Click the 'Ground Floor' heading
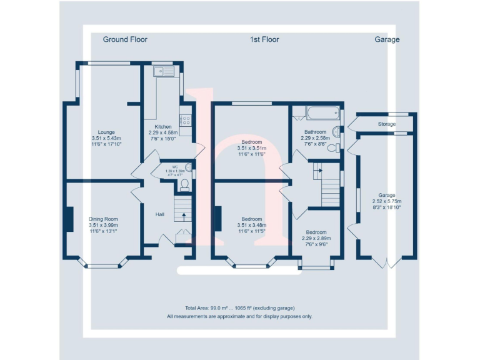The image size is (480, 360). coord(125,39)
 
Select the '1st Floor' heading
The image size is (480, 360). coord(264,39)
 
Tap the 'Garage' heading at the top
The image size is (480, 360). coord(387,39)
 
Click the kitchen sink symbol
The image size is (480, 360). coord(165,71)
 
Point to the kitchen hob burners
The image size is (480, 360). coord(186,119)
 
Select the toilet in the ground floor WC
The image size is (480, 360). coord(185,182)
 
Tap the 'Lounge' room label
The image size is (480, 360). coord(106,132)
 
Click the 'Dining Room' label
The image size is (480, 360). coord(103,219)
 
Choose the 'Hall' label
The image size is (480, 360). coord(160,215)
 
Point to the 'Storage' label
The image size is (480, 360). coord(386,124)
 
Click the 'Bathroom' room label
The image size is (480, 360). coord(315,132)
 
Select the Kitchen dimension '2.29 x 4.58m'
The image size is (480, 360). coord(163,132)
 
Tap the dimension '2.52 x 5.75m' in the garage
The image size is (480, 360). coord(386,201)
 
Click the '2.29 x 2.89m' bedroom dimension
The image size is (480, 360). coord(316,238)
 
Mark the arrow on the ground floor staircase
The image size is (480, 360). coord(184,217)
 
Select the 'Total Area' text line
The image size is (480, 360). coord(239,308)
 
